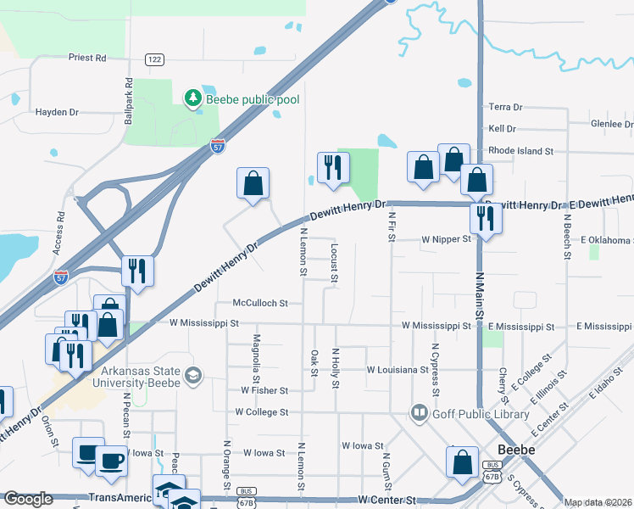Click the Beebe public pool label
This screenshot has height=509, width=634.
(x=253, y=99)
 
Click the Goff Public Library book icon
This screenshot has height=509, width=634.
(x=420, y=413)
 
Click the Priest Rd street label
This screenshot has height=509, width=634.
(x=88, y=58)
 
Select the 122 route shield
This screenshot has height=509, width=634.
(x=153, y=59)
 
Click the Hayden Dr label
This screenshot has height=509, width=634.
(x=57, y=111)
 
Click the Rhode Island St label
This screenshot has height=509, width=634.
(x=520, y=151)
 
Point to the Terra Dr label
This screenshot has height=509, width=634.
(x=506, y=107)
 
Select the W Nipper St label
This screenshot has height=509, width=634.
(x=447, y=239)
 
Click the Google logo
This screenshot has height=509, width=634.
(x=28, y=499)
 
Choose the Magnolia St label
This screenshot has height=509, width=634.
(x=257, y=356)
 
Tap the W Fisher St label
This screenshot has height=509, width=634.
(x=264, y=390)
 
